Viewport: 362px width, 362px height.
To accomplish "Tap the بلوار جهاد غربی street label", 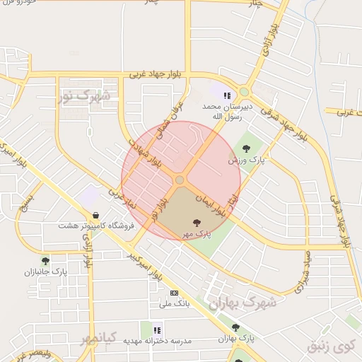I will tap(157, 74).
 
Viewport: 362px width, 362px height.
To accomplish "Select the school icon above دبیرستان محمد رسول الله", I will tap(227, 95).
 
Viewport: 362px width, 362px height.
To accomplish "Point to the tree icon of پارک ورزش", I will tap(246, 148).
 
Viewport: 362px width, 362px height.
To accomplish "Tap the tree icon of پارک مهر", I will tap(197, 222).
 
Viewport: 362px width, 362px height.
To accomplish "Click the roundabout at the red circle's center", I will tap(180, 180).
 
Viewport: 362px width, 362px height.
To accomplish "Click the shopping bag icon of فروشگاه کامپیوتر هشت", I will tap(95, 215).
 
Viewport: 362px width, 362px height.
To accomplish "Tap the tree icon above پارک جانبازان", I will tap(46, 261).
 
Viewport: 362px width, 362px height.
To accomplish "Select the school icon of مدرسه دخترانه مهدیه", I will tap(157, 329).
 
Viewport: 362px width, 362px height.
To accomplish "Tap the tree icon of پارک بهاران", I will tap(235, 327).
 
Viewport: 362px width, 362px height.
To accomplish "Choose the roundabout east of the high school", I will tap(245, 91).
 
